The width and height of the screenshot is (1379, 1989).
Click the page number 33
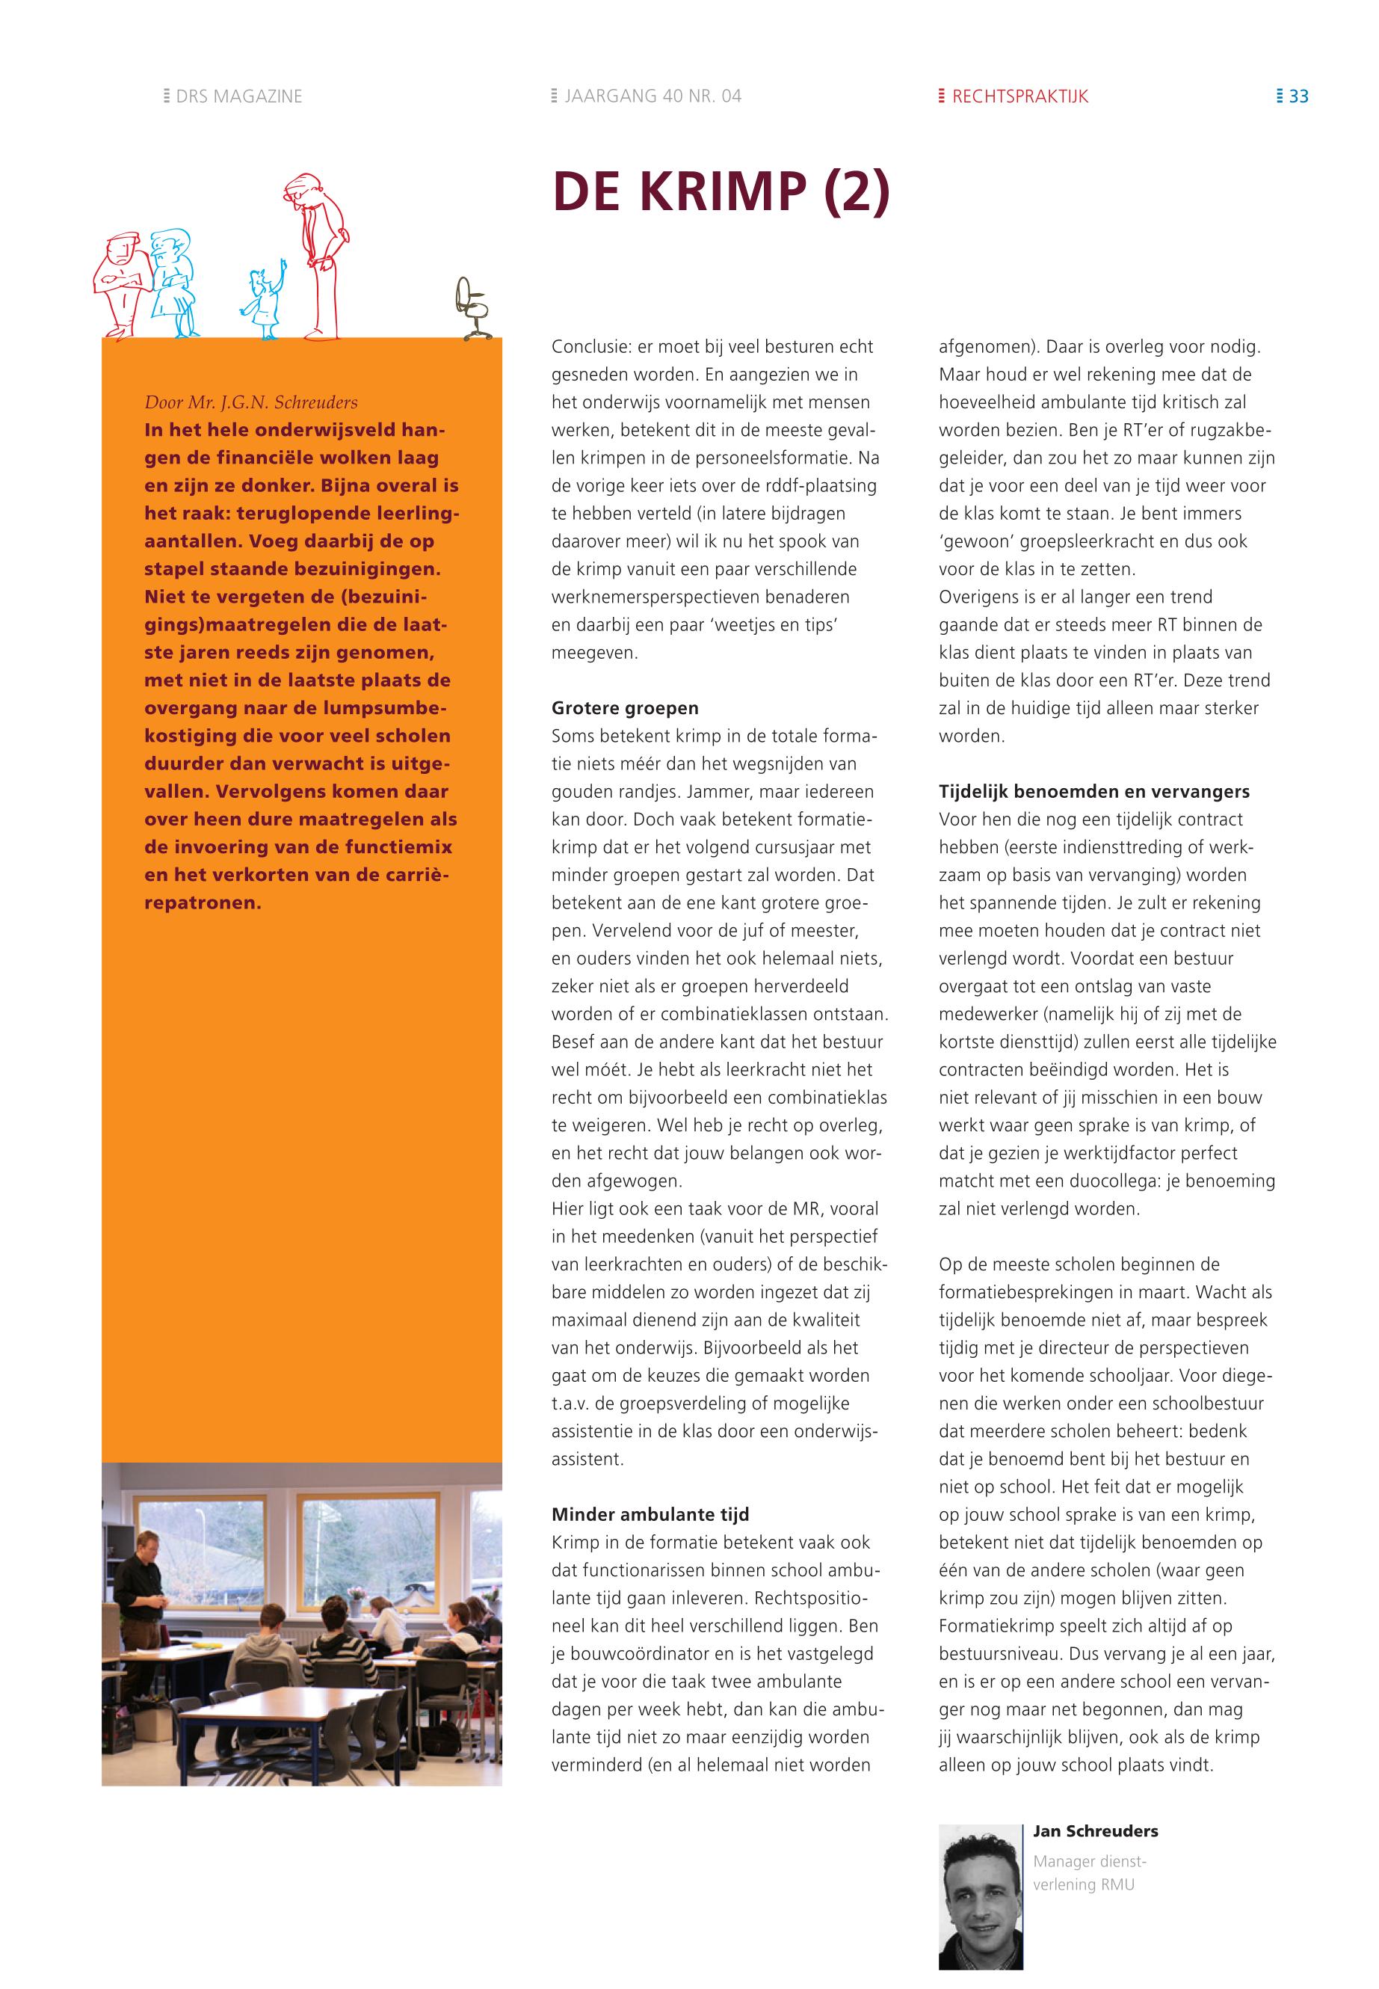[1298, 96]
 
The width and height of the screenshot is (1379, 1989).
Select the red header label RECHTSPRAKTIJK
[1019, 96]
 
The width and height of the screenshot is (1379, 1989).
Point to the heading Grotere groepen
[625, 708]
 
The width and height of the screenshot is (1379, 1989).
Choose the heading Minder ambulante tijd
[650, 1513]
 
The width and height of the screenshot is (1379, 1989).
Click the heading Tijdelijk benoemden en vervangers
[1094, 791]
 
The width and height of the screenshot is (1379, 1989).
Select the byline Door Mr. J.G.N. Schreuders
[250, 402]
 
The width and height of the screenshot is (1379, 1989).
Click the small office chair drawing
[472, 309]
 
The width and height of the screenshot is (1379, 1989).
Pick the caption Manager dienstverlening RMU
[1089, 1873]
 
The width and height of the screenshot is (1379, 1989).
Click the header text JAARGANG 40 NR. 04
[653, 96]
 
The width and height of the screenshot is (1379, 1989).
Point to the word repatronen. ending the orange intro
[203, 903]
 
